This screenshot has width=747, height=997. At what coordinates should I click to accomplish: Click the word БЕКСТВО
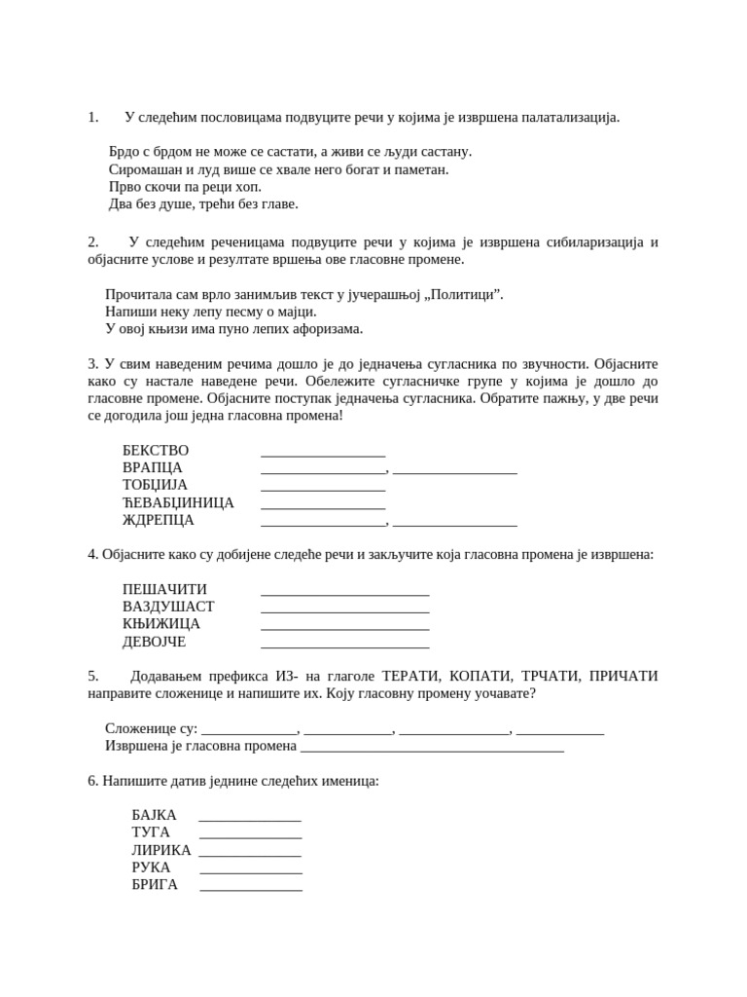156,450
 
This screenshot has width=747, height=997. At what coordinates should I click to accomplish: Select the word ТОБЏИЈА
155,485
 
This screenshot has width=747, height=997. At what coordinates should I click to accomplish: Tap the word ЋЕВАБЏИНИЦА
178,502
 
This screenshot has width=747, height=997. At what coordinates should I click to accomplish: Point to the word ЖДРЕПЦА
159,520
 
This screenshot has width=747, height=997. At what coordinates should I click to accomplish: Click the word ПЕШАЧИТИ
164,589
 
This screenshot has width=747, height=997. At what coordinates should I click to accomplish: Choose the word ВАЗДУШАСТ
168,607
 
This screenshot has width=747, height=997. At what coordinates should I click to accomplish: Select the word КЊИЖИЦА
161,624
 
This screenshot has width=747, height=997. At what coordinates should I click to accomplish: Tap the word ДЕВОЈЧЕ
154,642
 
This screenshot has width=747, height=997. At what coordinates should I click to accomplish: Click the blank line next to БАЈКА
250,819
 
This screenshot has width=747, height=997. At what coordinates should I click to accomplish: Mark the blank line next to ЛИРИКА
250,854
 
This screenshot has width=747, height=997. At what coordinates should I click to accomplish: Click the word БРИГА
155,885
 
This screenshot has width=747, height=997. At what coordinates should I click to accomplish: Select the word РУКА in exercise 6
151,868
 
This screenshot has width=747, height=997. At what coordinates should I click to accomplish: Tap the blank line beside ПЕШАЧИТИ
345,593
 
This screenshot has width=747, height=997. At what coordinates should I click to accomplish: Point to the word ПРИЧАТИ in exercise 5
623,676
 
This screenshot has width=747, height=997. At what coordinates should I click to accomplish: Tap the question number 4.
92,554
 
